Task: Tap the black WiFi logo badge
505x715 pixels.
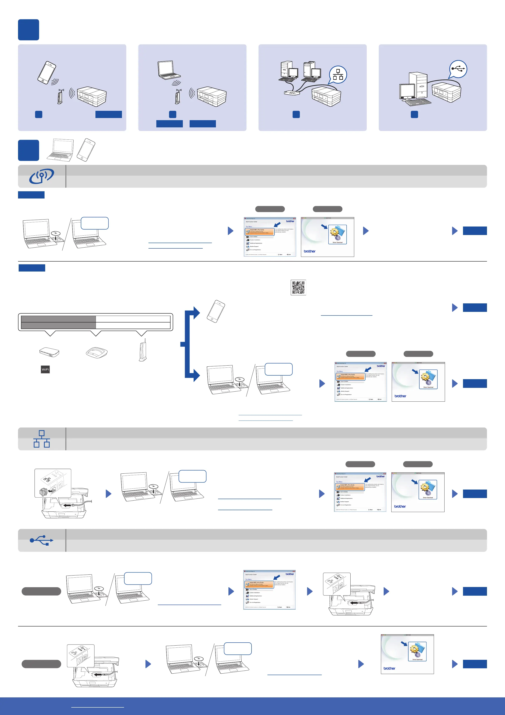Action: (x=45, y=370)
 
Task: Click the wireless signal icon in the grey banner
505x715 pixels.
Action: (x=41, y=176)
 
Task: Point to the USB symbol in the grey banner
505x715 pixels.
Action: (x=41, y=540)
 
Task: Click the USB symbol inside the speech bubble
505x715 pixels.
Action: (x=458, y=69)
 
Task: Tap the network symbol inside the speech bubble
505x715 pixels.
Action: (x=338, y=75)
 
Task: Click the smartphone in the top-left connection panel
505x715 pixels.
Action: (x=47, y=72)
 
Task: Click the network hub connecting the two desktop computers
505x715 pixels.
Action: (x=292, y=93)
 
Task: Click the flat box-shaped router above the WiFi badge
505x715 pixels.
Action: (x=49, y=352)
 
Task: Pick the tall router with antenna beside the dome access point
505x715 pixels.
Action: (x=143, y=350)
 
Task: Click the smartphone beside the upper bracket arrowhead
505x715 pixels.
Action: (x=216, y=311)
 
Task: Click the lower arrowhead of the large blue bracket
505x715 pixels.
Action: (x=196, y=375)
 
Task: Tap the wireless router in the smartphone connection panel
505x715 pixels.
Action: (x=60, y=96)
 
